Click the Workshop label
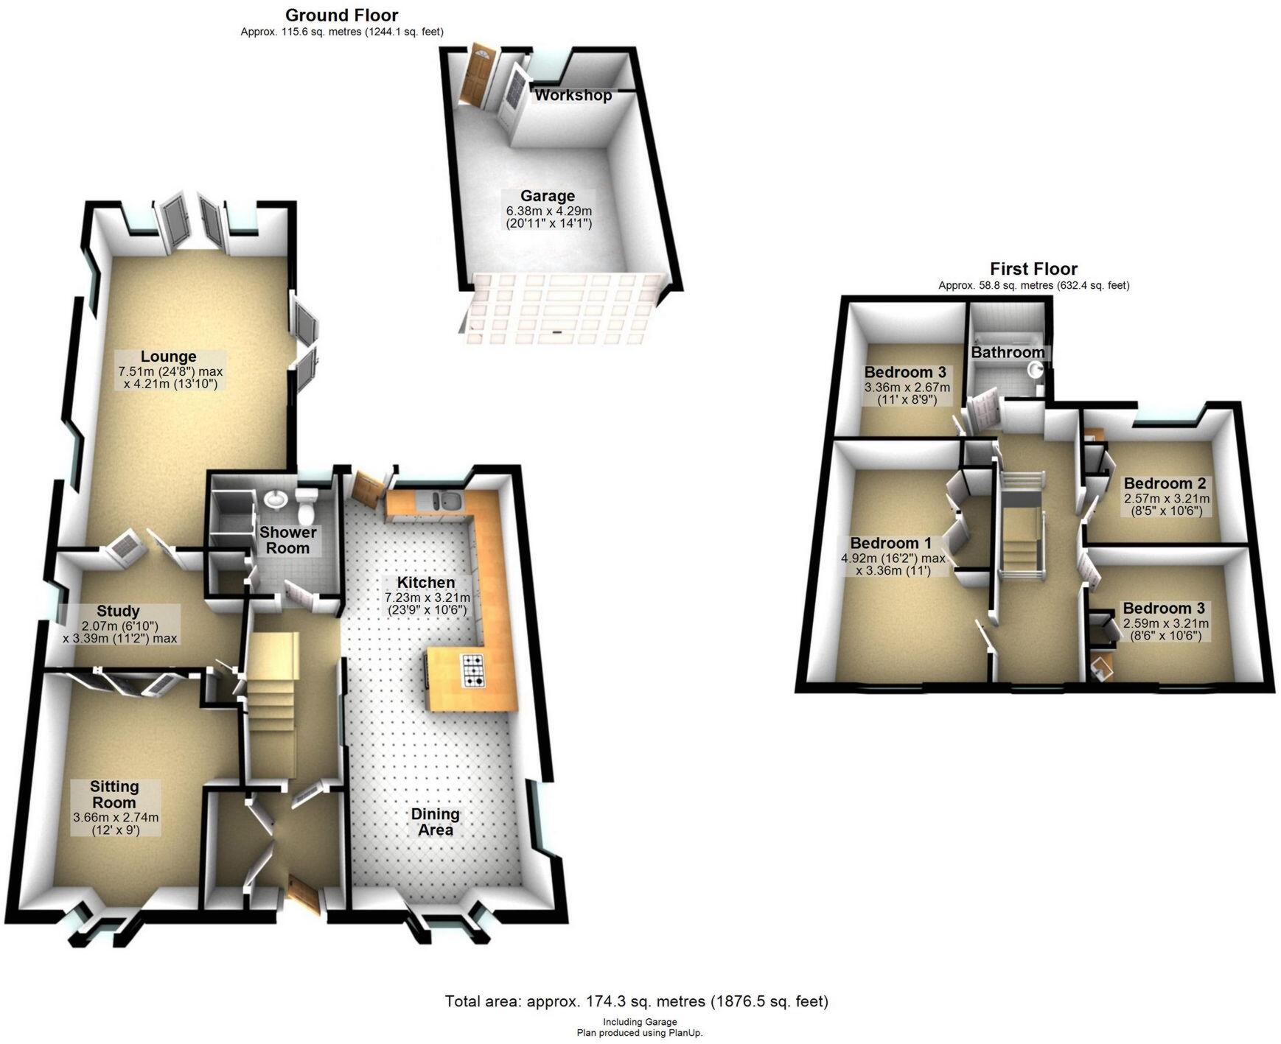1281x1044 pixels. [573, 95]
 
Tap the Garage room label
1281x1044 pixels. [547, 196]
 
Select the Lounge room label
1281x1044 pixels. [169, 357]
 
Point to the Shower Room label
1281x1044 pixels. [287, 540]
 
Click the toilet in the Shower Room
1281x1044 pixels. [305, 505]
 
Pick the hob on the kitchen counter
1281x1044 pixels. [472, 670]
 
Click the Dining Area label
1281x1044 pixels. [435, 821]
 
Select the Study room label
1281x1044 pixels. [118, 611]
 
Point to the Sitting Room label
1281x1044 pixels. [114, 794]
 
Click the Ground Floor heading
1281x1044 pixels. [341, 15]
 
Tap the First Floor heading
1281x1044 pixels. [1033, 269]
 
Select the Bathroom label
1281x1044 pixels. [1007, 352]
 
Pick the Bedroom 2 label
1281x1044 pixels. [1165, 484]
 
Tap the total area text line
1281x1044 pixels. [636, 1001]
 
